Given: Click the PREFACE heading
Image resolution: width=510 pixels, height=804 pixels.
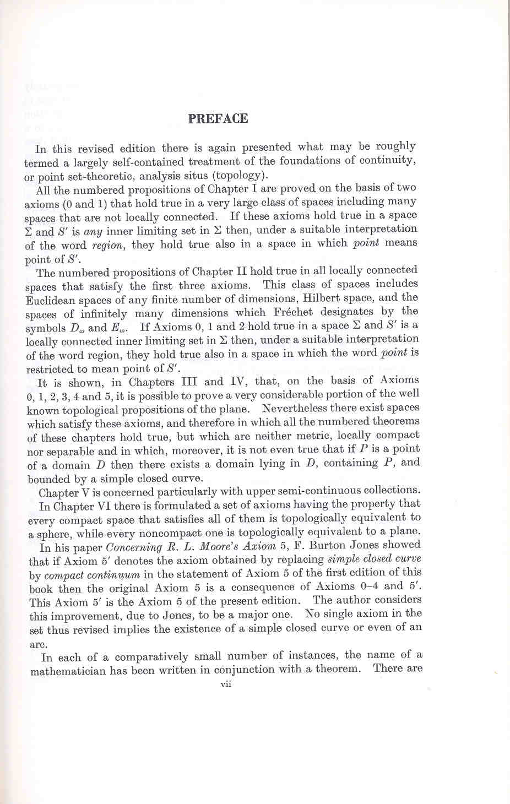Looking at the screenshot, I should (218, 119).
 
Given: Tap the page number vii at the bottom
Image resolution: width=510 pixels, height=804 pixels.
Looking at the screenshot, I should (225, 685).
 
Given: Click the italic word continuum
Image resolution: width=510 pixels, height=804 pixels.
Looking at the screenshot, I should (114, 575).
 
